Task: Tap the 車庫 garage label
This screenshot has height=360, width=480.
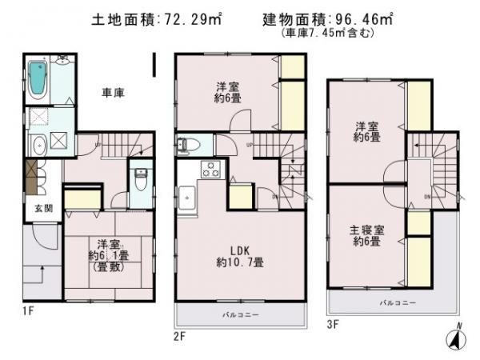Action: pos(113,93)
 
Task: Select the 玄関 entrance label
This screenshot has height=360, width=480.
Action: pos(38,208)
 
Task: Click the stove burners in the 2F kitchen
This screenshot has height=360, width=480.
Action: pos(210,169)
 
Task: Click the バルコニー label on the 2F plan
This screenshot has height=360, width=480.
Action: pos(241,315)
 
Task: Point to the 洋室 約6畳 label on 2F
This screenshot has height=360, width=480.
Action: pos(227,92)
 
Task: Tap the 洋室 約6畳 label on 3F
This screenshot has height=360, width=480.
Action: pos(368,131)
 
